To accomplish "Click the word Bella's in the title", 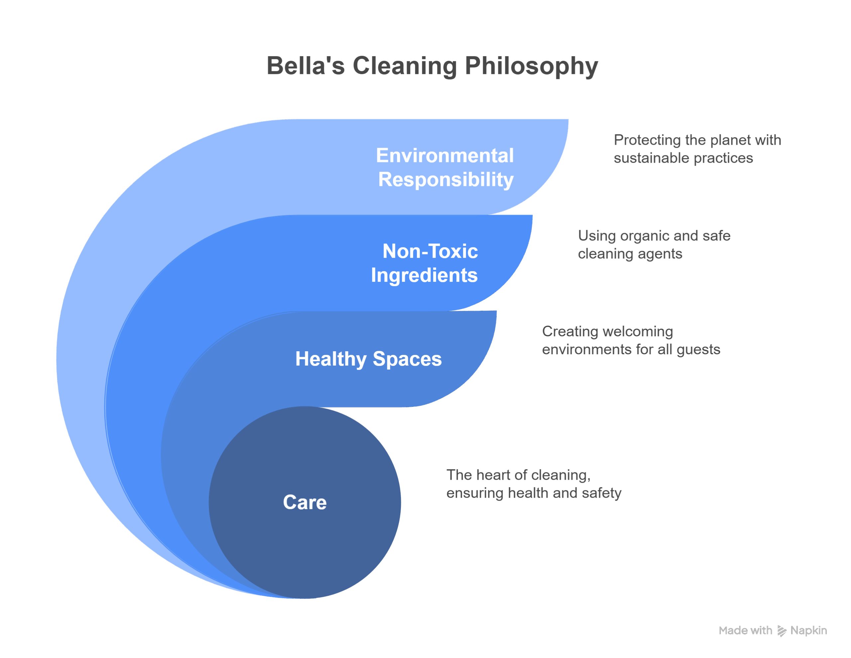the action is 306,65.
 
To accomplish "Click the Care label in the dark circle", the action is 305,502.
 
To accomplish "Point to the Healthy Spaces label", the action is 369,359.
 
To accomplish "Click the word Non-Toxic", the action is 430,251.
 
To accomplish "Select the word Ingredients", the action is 424,275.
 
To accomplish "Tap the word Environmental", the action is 445,155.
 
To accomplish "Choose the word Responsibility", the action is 446,180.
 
